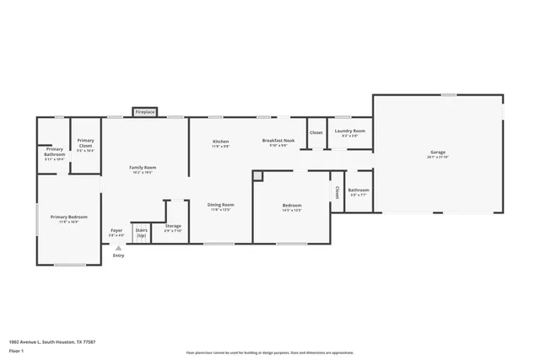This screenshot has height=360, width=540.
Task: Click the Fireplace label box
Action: click(145, 111)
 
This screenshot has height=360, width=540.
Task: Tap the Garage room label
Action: click(437, 153)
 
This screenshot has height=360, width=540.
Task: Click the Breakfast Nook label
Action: click(278, 141)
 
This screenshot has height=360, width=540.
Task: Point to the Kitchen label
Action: click(220, 142)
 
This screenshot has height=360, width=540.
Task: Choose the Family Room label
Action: click(142, 168)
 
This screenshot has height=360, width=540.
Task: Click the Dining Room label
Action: click(221, 205)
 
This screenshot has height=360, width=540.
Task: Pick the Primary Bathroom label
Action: click(54, 152)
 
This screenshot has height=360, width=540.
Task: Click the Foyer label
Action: click(117, 230)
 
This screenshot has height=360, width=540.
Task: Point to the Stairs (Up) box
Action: click(141, 233)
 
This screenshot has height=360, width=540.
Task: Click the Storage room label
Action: click(173, 227)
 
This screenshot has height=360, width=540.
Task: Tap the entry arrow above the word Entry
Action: click(118, 249)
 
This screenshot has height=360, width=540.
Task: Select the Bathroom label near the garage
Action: click(358, 191)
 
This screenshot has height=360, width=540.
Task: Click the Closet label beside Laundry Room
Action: click(316, 132)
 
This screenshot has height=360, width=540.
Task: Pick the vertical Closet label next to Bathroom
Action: click(337, 193)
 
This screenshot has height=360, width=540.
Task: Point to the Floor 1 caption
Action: click(16, 350)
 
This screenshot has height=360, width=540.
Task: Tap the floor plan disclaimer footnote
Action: click(269, 352)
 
